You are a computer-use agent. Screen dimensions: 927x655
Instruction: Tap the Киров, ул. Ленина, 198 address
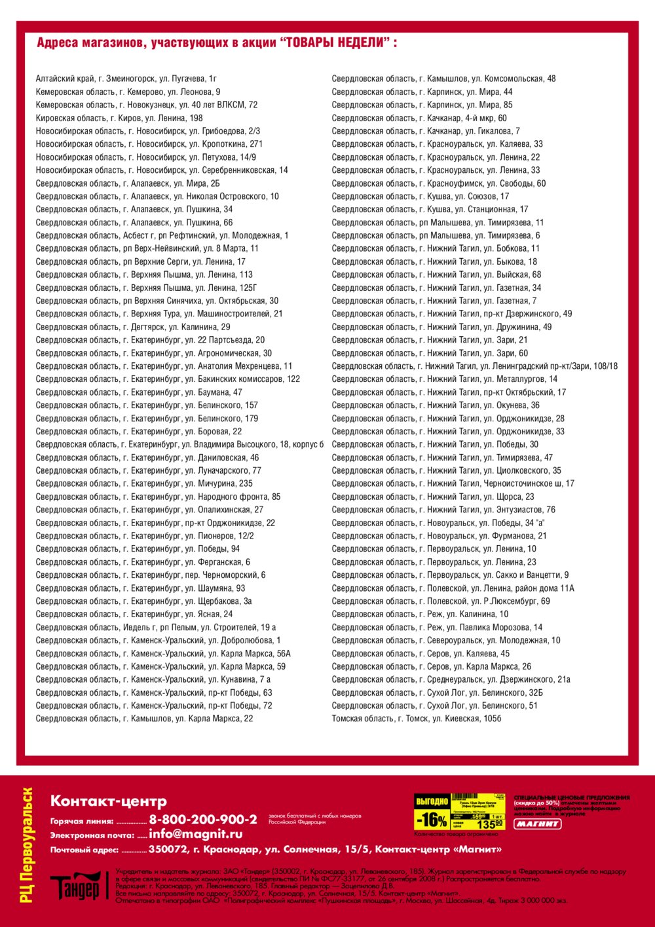point(119,118)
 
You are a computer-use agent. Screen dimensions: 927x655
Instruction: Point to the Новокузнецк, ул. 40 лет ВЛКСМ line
point(147,105)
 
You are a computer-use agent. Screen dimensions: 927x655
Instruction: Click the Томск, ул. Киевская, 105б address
point(417,719)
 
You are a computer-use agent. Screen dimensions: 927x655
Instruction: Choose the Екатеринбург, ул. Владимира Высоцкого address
point(179,444)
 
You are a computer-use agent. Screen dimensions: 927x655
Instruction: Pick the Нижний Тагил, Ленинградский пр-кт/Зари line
point(474,366)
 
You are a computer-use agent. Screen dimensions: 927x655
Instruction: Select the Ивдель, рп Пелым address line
point(156,627)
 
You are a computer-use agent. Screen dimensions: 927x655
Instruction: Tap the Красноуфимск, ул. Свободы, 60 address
point(438,183)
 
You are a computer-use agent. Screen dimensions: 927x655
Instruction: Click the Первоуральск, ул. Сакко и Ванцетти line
point(450,575)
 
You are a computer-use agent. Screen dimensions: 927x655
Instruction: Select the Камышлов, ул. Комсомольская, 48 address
point(443,79)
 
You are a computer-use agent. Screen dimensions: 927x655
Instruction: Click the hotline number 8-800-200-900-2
point(203,820)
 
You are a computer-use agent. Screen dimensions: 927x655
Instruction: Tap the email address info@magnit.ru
point(196,835)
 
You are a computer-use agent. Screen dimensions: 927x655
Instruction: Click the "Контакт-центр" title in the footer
point(109,801)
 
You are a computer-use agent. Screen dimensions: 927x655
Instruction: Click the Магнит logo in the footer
point(537,823)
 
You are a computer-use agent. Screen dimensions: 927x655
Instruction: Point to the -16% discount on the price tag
point(432,820)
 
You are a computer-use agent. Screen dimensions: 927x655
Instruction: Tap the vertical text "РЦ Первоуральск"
point(27,845)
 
